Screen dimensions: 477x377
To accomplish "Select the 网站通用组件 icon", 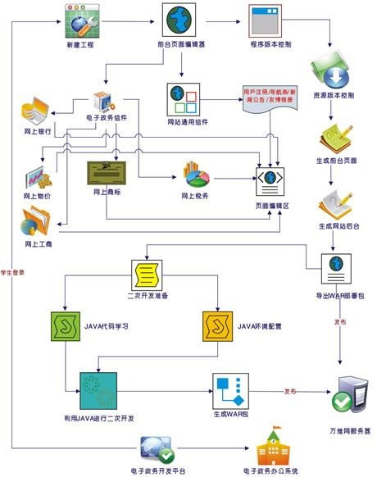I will [184, 101].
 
